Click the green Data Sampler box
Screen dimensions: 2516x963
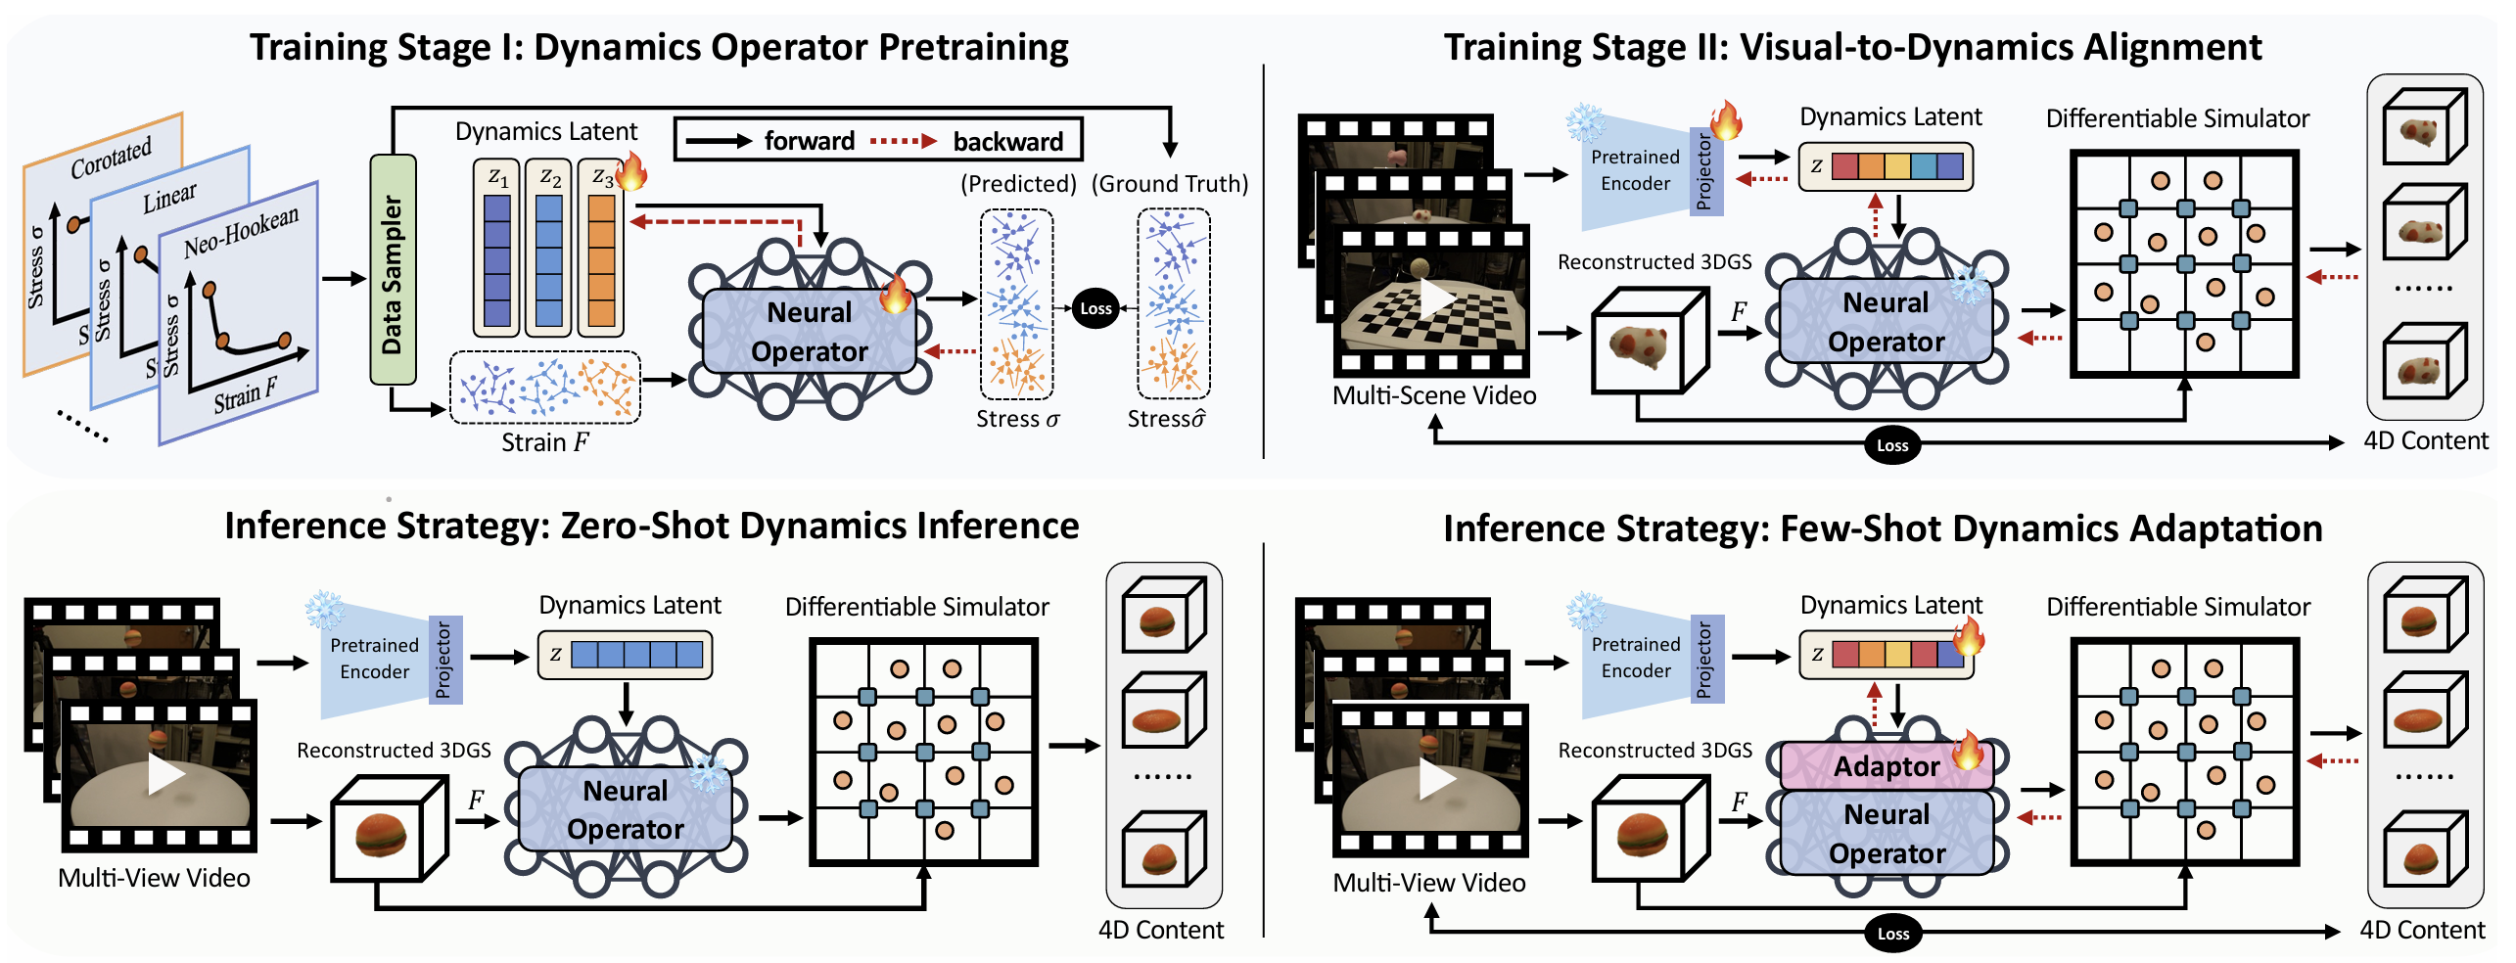(x=393, y=269)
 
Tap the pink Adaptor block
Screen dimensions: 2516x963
(x=1887, y=766)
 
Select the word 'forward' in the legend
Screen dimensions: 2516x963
(x=810, y=142)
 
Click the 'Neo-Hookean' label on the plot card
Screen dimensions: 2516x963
(x=241, y=232)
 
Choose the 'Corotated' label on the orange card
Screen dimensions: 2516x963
(x=111, y=159)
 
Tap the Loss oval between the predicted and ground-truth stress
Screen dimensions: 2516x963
(x=1095, y=308)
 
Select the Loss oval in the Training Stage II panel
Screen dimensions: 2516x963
(x=1891, y=445)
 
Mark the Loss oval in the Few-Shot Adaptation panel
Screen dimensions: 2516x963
(x=1892, y=933)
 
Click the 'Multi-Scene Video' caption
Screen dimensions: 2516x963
(x=1434, y=395)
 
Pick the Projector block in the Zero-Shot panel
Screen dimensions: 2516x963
(x=444, y=661)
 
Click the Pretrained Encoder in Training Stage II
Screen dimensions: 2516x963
(x=1635, y=171)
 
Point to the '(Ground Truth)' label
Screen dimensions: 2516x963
(x=1170, y=184)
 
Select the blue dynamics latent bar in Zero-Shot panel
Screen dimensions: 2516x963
(x=637, y=655)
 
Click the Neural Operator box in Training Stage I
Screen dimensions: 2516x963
(x=810, y=332)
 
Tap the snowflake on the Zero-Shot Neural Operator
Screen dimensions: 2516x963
(x=709, y=773)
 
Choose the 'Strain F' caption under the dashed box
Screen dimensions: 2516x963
(x=545, y=442)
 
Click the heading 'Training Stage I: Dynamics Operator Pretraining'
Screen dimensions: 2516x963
(x=659, y=47)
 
